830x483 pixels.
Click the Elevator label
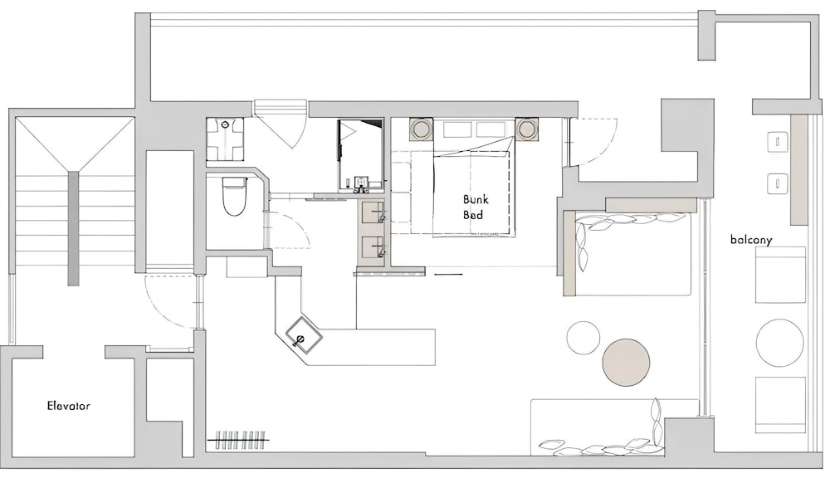click(x=68, y=406)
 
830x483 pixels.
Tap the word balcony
click(x=751, y=240)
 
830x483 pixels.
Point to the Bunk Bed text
click(x=476, y=207)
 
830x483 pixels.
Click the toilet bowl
click(x=235, y=196)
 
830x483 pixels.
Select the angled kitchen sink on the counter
click(x=305, y=335)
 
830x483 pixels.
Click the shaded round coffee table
click(x=626, y=363)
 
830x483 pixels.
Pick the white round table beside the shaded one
click(x=583, y=338)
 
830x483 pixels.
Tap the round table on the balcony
click(x=779, y=342)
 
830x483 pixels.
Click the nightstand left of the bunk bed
click(x=422, y=129)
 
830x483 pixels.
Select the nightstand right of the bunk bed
click(x=527, y=129)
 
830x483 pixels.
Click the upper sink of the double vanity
click(x=374, y=212)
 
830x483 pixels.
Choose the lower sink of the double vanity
click(x=374, y=247)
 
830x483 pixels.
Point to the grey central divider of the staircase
click(x=74, y=228)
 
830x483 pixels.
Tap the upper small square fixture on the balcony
click(x=778, y=141)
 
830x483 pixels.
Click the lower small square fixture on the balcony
click(x=778, y=183)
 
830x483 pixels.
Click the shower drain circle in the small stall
click(x=226, y=124)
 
